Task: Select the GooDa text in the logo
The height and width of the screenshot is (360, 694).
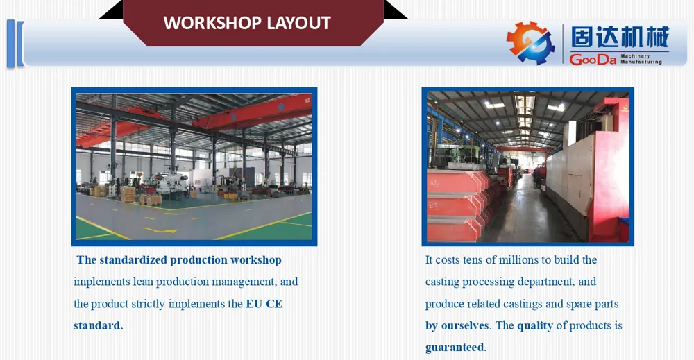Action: pyautogui.click(x=593, y=60)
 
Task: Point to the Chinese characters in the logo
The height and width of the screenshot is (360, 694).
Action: pyautogui.click(x=619, y=37)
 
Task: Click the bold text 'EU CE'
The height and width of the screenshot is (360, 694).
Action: pyautogui.click(x=264, y=304)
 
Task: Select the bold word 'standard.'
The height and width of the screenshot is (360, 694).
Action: pyautogui.click(x=98, y=325)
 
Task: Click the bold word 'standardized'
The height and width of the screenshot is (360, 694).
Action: pyautogui.click(x=133, y=260)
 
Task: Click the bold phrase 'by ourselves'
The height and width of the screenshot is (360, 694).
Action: pyautogui.click(x=457, y=325)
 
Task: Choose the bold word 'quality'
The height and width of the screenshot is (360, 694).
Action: pyautogui.click(x=536, y=325)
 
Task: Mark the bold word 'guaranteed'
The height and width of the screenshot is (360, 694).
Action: pyautogui.click(x=455, y=347)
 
